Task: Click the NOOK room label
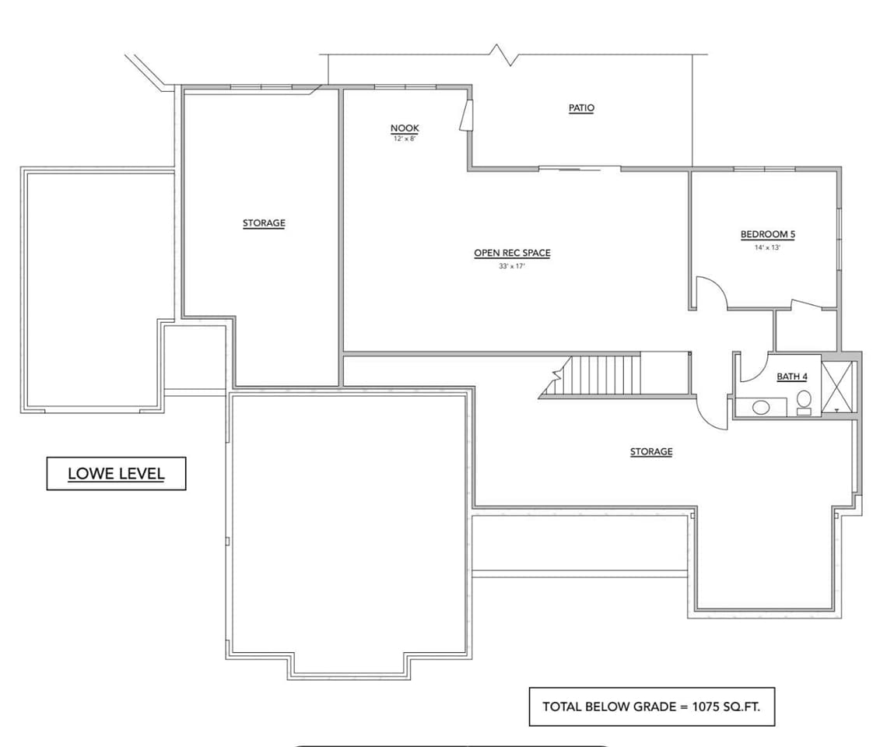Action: (x=405, y=128)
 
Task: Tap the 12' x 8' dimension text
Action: (x=405, y=139)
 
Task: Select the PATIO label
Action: (x=581, y=108)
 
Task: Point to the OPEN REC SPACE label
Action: (x=512, y=253)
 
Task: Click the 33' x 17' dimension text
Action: (x=512, y=266)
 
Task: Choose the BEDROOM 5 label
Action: (x=767, y=234)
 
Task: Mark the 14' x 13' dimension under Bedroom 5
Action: (x=767, y=247)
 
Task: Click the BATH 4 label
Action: (x=792, y=377)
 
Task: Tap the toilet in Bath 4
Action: (x=804, y=402)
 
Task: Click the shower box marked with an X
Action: (x=838, y=386)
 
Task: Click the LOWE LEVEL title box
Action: (x=117, y=473)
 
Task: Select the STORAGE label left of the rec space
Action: (x=264, y=223)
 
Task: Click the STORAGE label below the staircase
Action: (x=651, y=451)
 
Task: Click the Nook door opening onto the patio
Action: (x=466, y=116)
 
